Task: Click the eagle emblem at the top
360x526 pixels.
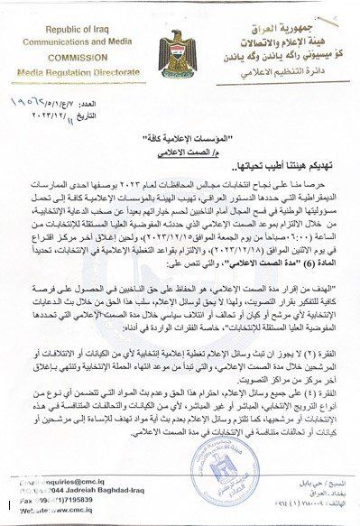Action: (x=178, y=50)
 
